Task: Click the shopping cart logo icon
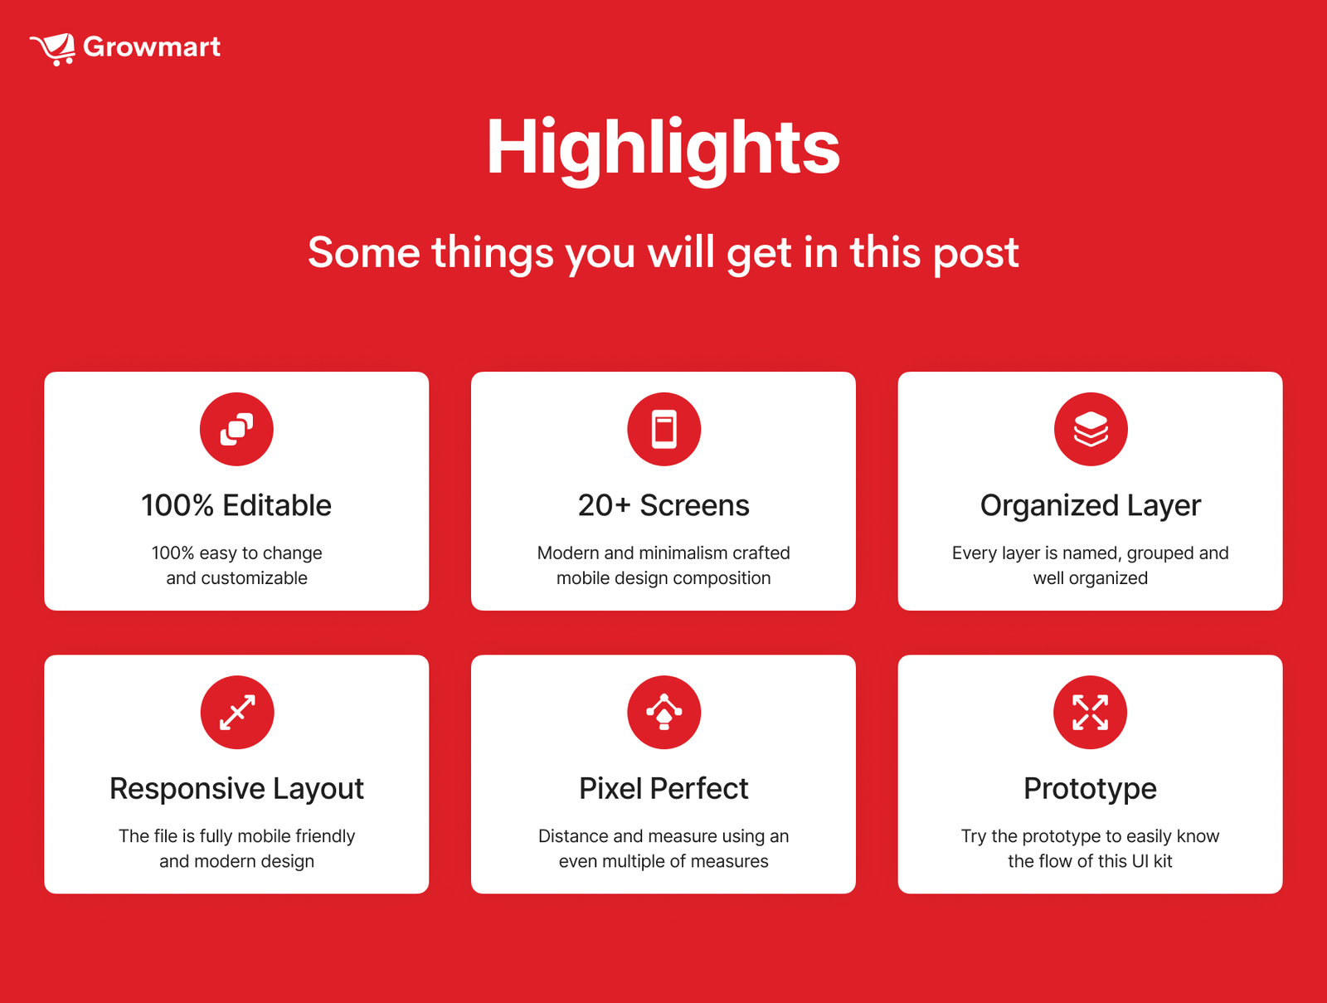[53, 49]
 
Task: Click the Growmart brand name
[152, 47]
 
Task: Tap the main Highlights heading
[663, 149]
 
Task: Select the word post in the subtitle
[975, 254]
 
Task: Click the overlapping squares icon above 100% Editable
[236, 429]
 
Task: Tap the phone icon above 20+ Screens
[663, 429]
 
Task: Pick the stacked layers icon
[1091, 429]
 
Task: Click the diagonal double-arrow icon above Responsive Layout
[237, 712]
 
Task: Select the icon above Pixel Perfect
[663, 712]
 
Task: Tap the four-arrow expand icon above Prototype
[1090, 712]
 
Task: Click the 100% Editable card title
[236, 505]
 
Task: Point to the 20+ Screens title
[663, 505]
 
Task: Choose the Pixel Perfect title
[663, 788]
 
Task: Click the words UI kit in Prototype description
[1152, 860]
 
